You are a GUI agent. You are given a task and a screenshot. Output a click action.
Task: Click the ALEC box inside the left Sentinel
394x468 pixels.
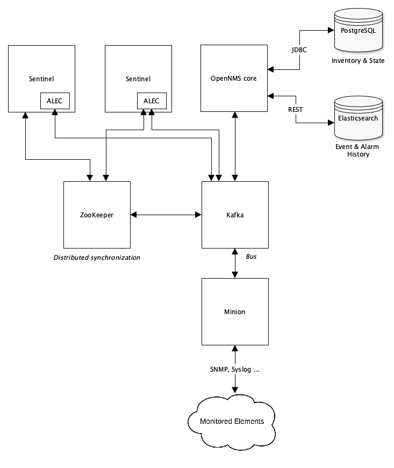click(x=55, y=101)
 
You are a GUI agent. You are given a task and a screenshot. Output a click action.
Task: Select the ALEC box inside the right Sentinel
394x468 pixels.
click(x=152, y=101)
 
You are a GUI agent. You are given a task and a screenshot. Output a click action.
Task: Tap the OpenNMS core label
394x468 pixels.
click(x=234, y=79)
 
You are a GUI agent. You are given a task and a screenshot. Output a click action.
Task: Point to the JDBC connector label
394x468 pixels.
click(x=299, y=50)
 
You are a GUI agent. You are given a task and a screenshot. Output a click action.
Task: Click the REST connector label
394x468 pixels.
click(x=296, y=109)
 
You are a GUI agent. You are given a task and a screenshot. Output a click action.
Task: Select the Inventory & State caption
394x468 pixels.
click(x=358, y=61)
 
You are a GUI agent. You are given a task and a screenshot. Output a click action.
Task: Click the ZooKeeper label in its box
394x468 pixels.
click(x=97, y=215)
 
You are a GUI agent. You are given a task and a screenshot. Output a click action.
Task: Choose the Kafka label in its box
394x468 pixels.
click(x=234, y=215)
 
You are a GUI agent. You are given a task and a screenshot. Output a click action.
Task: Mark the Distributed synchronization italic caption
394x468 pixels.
click(x=97, y=258)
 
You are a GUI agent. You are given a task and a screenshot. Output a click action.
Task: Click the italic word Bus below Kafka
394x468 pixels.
click(x=251, y=257)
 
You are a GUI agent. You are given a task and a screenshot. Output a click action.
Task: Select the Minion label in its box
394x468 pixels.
click(x=234, y=311)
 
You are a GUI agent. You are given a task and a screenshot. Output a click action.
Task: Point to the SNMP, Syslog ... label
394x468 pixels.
click(x=234, y=370)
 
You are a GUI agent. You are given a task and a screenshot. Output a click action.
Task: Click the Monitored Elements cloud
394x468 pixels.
click(x=232, y=421)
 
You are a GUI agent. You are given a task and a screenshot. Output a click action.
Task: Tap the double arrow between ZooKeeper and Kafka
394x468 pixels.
click(x=166, y=215)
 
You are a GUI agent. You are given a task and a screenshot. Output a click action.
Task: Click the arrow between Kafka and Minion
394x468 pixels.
click(x=234, y=264)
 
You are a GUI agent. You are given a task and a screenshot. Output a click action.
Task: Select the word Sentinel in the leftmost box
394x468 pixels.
click(x=41, y=79)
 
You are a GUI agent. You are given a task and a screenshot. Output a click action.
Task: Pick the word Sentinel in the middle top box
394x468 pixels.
click(x=138, y=79)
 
